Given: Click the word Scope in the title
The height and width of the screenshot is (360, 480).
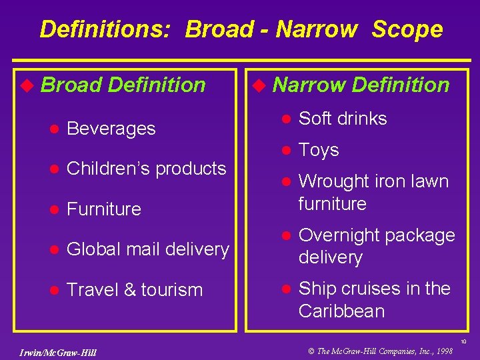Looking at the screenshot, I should pos(407,29).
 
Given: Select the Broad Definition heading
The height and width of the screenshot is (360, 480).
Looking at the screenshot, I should pos(123,85).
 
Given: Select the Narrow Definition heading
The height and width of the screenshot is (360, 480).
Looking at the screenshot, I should pos(361,85).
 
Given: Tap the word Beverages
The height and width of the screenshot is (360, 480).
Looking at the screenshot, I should pos(111,129).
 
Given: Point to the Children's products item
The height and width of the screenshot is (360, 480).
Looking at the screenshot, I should pos(147,169).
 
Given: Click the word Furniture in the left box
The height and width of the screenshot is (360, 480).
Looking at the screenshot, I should pos(104,209).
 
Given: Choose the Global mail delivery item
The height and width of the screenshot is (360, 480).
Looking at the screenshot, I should pos(148,249).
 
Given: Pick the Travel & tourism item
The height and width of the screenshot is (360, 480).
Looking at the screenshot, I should pos(135,290).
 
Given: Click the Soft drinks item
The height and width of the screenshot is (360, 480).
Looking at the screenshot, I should pos(343,119).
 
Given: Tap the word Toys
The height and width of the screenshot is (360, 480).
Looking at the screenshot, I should pos(319,150).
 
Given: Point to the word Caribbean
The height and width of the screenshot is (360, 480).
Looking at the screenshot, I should pos(341,311).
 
